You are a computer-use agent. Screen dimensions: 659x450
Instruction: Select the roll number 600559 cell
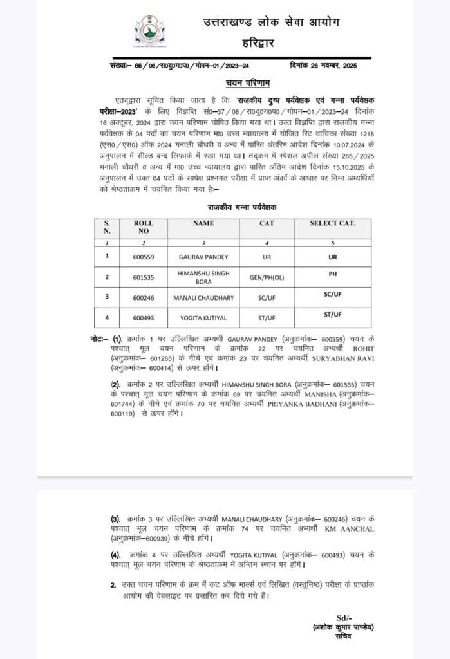click(143, 255)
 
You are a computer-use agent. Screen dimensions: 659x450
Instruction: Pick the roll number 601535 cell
click(143, 277)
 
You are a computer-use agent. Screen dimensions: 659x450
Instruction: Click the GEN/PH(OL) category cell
click(267, 277)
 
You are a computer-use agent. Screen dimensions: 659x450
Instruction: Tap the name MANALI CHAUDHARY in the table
click(203, 298)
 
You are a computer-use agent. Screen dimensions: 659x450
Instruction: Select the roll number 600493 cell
click(143, 319)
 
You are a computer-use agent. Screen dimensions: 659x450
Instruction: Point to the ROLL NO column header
click(143, 227)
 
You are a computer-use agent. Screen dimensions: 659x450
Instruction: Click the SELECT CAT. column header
click(332, 223)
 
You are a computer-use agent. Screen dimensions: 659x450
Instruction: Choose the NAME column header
click(203, 223)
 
